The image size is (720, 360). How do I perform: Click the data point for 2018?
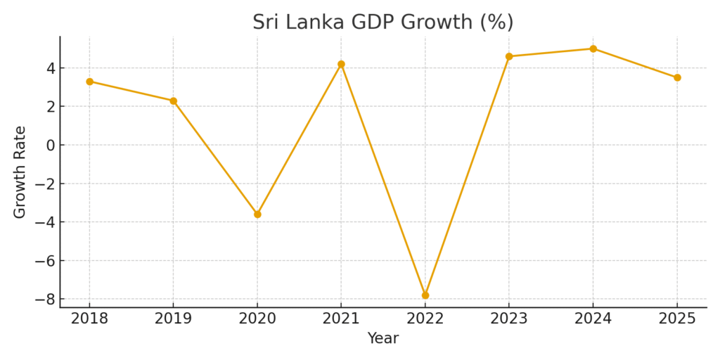(89, 82)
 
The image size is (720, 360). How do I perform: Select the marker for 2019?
(174, 101)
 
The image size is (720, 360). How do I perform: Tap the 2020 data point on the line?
(257, 214)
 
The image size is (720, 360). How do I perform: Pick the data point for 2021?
(341, 64)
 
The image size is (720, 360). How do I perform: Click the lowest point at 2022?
(425, 295)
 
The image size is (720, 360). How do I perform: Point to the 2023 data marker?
(509, 56)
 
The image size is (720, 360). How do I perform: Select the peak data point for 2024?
(593, 49)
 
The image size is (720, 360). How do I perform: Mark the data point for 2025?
(677, 77)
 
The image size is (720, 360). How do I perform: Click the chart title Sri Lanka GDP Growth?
(383, 22)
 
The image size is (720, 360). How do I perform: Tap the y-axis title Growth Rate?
(20, 172)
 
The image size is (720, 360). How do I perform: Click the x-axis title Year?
(383, 338)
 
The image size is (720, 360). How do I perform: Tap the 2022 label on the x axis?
(425, 319)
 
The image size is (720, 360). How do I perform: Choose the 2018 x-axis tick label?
(89, 319)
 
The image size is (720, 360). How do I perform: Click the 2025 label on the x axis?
(677, 319)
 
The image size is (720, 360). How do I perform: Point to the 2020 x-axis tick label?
(257, 319)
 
